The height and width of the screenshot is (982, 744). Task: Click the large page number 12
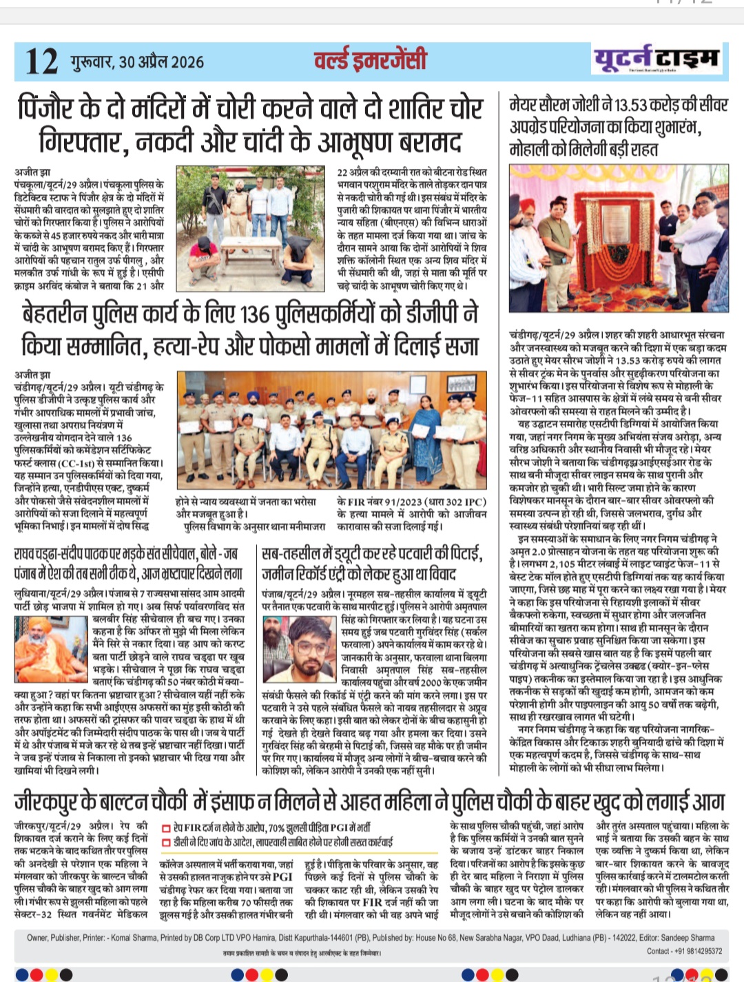click(41, 61)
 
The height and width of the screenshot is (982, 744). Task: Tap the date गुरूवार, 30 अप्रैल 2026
click(137, 62)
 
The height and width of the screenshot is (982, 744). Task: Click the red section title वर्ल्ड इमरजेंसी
click(370, 61)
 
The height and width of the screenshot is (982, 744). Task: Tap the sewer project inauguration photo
click(619, 237)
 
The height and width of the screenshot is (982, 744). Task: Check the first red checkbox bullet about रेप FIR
click(166, 828)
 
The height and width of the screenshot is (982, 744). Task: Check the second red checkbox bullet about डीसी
click(166, 842)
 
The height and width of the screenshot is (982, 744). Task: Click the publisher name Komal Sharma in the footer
click(133, 938)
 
